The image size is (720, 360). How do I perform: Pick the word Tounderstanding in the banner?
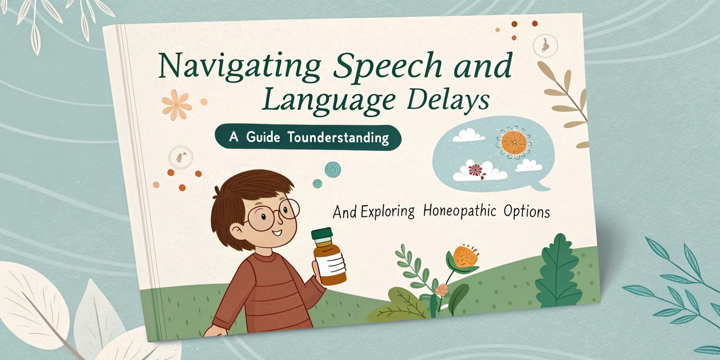click(x=338, y=137)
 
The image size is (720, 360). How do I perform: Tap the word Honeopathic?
click(x=459, y=211)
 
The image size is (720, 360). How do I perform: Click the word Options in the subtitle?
click(x=527, y=212)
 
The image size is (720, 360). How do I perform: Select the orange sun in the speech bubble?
click(x=514, y=143)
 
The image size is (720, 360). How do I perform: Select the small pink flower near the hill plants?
click(x=442, y=290)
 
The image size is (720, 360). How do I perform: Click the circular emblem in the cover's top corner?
click(x=545, y=45)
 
